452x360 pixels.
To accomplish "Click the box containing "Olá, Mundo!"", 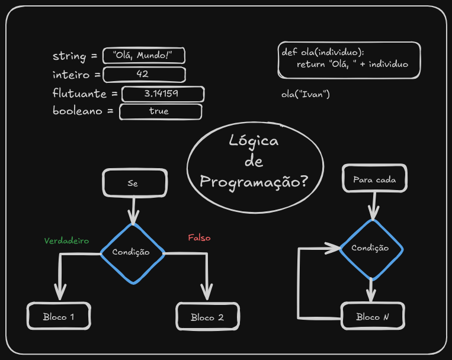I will coord(144,56).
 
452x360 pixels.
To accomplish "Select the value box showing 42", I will coord(144,74).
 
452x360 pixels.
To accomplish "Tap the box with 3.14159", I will coord(162,94).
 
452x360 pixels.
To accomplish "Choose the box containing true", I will coord(160,111).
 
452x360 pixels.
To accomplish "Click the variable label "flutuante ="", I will coord(85,94).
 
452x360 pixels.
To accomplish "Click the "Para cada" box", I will coord(374,179).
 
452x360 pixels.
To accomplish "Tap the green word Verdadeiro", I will coord(66,241).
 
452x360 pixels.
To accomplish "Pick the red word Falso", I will coord(199,238).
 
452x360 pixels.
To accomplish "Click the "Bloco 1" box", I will coord(59,317).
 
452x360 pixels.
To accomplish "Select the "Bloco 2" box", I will coord(207,317).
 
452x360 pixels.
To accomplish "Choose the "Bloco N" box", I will coord(373,317).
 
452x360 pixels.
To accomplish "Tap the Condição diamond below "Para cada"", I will coord(371,249).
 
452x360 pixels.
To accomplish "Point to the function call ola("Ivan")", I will coord(306,94).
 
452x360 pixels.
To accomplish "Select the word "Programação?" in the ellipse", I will coord(254,181).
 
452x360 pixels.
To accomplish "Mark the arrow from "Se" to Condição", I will coord(133,210).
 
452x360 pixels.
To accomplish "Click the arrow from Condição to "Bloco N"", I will coord(371,290).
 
